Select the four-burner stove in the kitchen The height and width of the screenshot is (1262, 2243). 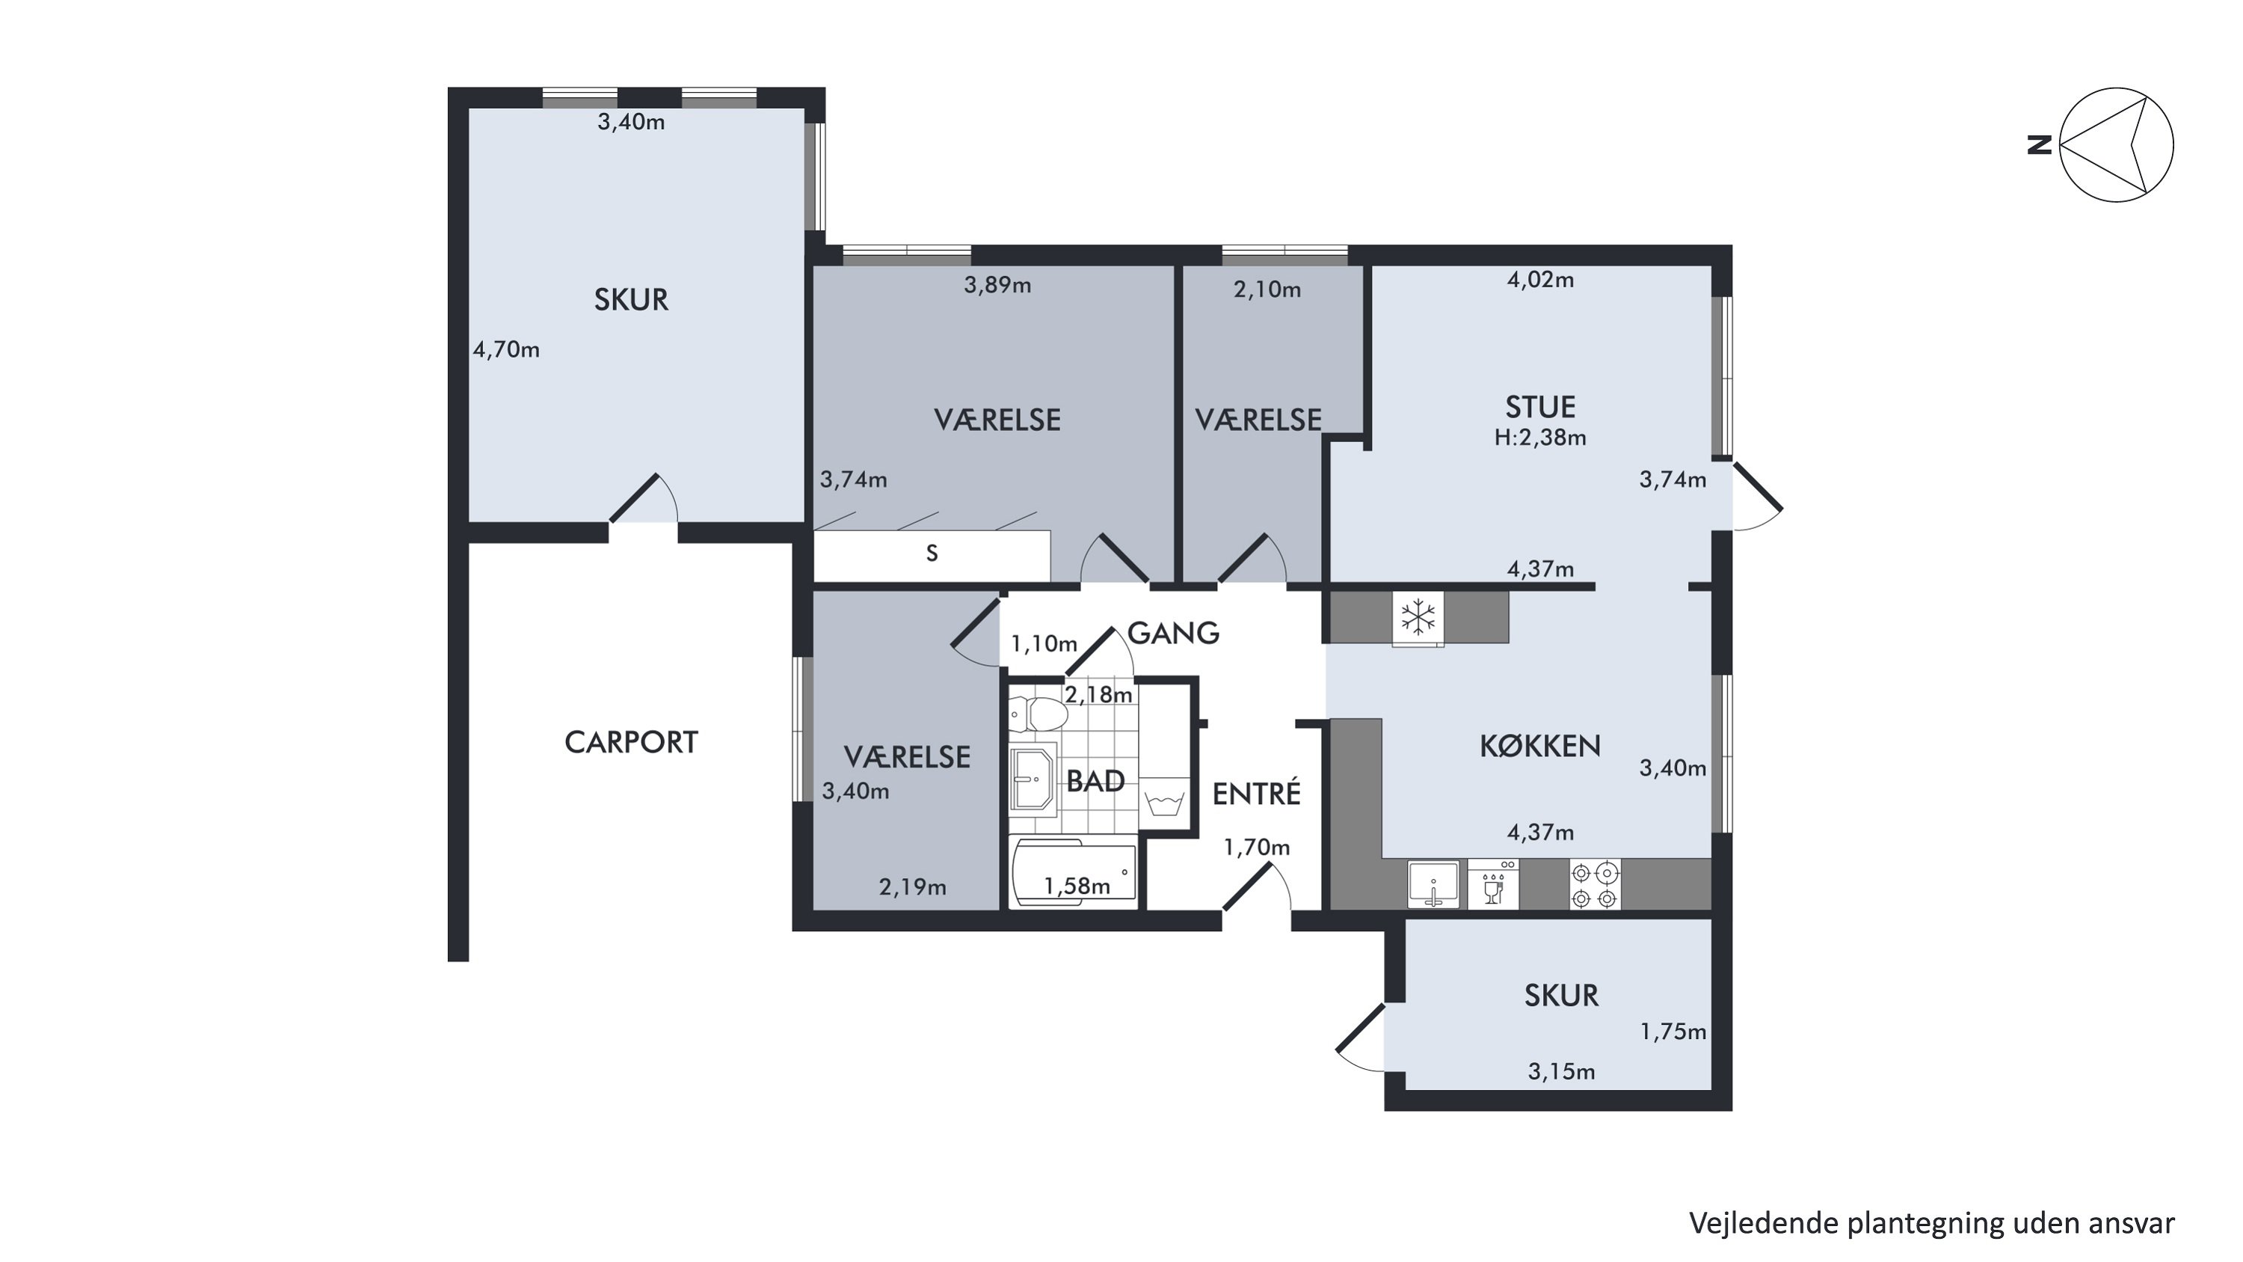(x=1596, y=884)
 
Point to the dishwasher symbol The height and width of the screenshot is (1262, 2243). (x=1492, y=884)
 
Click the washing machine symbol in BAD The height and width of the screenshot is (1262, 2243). (x=1163, y=799)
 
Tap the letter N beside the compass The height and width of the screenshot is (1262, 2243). (x=2039, y=144)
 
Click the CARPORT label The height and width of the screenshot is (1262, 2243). (x=631, y=742)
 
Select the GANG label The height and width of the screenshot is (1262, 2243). (x=1173, y=633)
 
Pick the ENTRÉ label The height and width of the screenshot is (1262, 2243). (x=1257, y=792)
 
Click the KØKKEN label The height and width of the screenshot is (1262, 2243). (x=1539, y=746)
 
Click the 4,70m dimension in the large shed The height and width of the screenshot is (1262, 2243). (x=506, y=349)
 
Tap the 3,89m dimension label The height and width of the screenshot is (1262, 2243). (x=997, y=285)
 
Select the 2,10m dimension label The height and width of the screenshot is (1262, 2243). (x=1267, y=290)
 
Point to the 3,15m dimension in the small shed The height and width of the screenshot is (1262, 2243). (x=1561, y=1071)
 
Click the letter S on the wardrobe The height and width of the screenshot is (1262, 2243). (x=932, y=553)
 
